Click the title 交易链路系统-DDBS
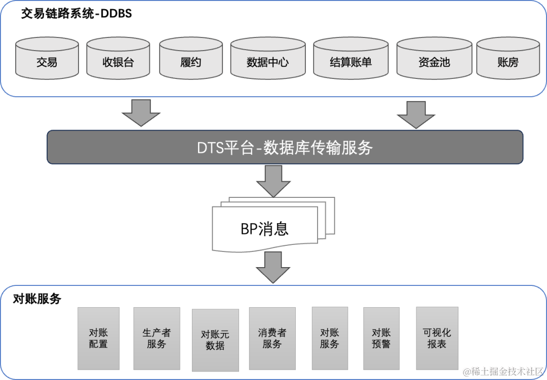click(x=76, y=14)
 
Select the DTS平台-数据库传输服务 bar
click(x=285, y=147)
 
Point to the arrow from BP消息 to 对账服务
click(x=273, y=267)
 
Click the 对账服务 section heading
click(x=37, y=299)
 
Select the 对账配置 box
click(x=98, y=338)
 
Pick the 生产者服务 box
click(x=157, y=338)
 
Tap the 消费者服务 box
click(x=272, y=338)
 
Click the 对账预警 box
click(x=381, y=338)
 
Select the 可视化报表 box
click(x=437, y=338)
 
